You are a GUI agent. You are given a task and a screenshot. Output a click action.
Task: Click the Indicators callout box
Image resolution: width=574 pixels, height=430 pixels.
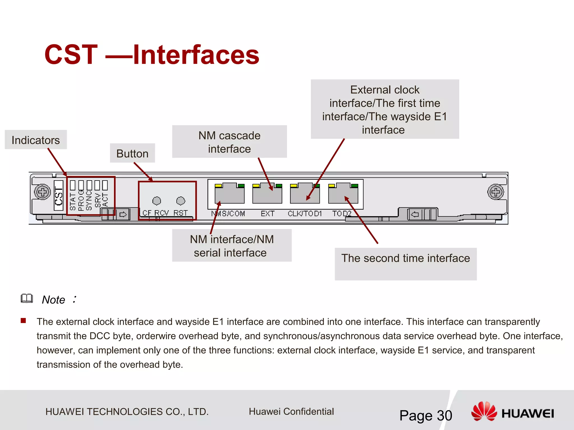(x=36, y=140)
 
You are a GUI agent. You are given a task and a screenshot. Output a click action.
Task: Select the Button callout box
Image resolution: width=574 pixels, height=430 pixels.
(x=132, y=153)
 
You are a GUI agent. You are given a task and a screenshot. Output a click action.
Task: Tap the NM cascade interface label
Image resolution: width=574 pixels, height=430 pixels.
(x=229, y=142)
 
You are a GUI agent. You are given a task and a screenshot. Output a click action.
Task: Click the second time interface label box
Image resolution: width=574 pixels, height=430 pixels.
(x=406, y=263)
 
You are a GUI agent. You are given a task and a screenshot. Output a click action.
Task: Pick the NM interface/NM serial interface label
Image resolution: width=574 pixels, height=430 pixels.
(x=232, y=246)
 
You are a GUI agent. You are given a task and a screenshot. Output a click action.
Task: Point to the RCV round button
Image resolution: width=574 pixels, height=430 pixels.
(x=157, y=201)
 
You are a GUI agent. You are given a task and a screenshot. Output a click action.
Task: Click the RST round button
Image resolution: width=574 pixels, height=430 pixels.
(x=181, y=201)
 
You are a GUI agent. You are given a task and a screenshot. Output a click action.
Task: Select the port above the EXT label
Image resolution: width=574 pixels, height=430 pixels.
(x=267, y=194)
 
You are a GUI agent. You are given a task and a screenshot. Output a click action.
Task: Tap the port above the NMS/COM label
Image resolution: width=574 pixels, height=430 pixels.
(x=230, y=194)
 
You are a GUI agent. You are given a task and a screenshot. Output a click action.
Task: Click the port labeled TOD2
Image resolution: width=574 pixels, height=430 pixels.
(x=343, y=194)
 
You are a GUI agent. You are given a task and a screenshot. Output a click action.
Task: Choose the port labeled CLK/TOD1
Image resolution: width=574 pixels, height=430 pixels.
(x=305, y=194)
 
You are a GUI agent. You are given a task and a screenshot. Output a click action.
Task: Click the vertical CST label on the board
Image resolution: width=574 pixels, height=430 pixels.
(x=59, y=196)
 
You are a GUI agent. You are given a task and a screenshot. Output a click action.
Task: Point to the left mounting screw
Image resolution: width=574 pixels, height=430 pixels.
(x=42, y=192)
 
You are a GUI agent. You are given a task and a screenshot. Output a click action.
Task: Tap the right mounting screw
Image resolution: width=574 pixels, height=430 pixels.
(x=496, y=192)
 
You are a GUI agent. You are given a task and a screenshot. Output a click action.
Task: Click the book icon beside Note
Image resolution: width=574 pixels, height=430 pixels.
(x=27, y=299)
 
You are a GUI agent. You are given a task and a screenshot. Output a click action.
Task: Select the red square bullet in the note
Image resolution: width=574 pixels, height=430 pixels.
(x=23, y=321)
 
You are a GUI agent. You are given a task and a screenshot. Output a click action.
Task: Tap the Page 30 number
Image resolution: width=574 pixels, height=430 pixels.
(x=425, y=415)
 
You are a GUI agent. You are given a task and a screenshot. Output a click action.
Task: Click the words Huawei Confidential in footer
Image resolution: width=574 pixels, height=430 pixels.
(x=291, y=412)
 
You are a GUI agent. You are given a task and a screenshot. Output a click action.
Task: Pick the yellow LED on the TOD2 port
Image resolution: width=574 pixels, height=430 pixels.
(x=332, y=186)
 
